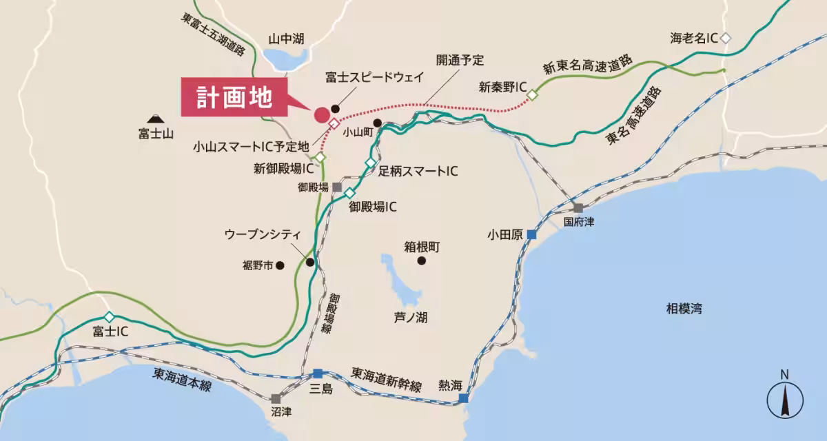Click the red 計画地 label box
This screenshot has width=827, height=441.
click(234, 98)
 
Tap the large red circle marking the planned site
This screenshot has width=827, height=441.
click(321, 114)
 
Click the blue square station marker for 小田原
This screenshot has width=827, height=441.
click(532, 234)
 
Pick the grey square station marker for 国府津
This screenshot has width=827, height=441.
click(578, 208)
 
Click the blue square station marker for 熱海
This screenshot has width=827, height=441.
click(464, 398)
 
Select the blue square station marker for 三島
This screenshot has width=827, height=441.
click(318, 373)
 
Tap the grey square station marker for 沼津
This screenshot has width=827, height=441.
click(276, 398)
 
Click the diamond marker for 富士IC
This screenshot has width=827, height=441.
click(108, 316)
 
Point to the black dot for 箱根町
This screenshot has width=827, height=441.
click(421, 261)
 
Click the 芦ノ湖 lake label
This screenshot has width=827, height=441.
click(411, 317)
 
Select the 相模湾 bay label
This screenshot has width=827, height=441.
click(684, 309)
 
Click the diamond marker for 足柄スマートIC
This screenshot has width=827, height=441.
click(370, 163)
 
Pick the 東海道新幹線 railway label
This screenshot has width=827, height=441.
click(386, 379)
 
